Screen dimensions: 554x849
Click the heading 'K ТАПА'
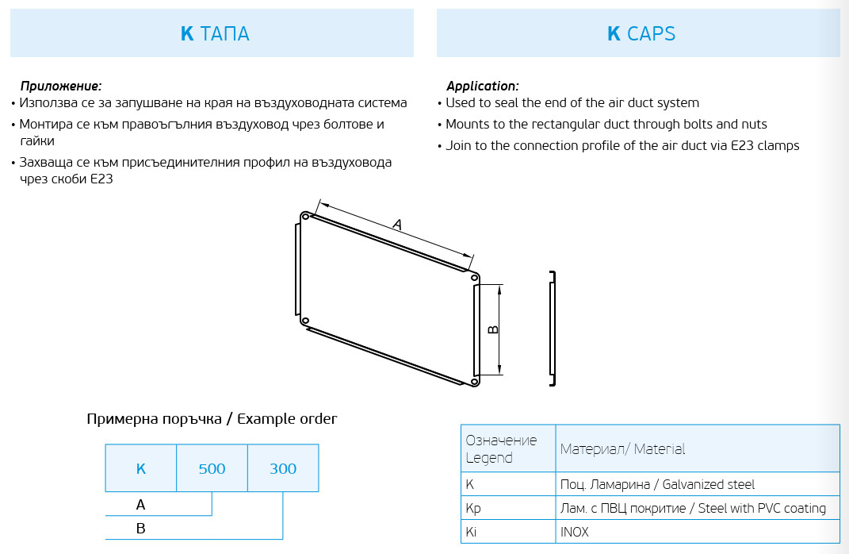point(215,34)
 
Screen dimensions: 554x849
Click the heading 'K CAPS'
point(641,34)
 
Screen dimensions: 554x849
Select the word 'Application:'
point(482,86)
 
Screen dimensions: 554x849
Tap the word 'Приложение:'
point(61,86)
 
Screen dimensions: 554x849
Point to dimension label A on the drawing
point(397,225)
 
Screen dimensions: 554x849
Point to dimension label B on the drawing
point(492,329)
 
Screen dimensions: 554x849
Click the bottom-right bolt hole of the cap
point(474,382)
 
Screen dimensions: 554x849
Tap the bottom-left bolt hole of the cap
point(305,320)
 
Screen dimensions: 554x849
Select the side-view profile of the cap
point(553,329)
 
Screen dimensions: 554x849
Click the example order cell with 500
point(212,468)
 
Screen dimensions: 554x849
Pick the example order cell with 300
point(283,468)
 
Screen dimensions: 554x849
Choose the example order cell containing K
point(141,468)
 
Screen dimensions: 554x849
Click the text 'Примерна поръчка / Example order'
point(212,419)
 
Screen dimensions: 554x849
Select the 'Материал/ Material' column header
point(622,449)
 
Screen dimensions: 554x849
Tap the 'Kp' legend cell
point(473,508)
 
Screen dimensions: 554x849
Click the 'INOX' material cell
point(574,532)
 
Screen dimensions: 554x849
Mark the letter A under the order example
point(141,505)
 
